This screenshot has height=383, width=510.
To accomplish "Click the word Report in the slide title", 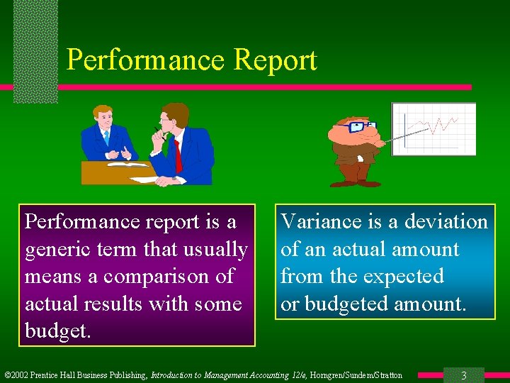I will (x=275, y=60).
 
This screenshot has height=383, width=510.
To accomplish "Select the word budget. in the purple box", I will (x=57, y=331).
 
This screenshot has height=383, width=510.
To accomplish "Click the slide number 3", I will (x=463, y=375).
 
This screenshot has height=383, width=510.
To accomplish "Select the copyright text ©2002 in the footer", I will (x=18, y=375).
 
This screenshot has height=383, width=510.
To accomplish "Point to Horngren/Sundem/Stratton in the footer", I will (x=360, y=375).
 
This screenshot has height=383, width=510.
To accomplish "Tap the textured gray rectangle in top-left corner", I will (x=35, y=50).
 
